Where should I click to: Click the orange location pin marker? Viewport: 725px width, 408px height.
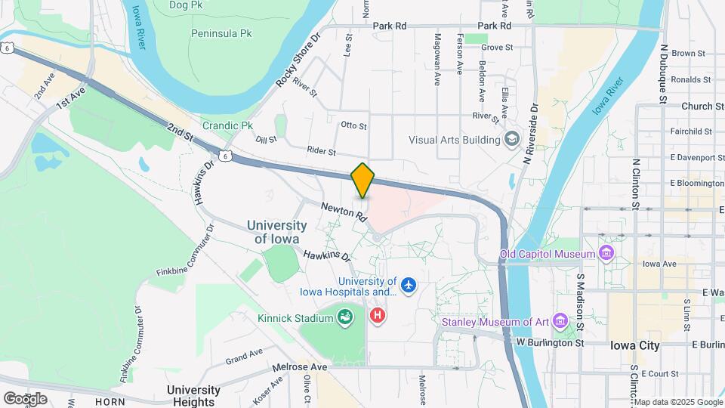[363, 180]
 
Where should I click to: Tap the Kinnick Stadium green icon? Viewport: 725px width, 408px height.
[345, 317]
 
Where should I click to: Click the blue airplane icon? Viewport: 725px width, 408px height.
[409, 286]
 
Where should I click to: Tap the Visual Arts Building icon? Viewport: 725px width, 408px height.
[513, 139]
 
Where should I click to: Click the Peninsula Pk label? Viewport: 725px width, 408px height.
[221, 34]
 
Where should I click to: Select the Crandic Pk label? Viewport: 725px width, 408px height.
[227, 125]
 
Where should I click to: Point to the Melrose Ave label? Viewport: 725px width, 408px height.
[300, 367]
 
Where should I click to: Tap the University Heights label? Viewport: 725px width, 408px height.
[193, 396]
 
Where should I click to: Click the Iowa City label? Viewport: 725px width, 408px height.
[635, 345]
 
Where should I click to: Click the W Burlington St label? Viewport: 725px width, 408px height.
[551, 342]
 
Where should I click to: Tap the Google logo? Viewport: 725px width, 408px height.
[25, 398]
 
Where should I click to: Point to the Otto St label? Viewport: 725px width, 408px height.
[353, 125]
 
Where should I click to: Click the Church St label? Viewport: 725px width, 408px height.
[697, 107]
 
